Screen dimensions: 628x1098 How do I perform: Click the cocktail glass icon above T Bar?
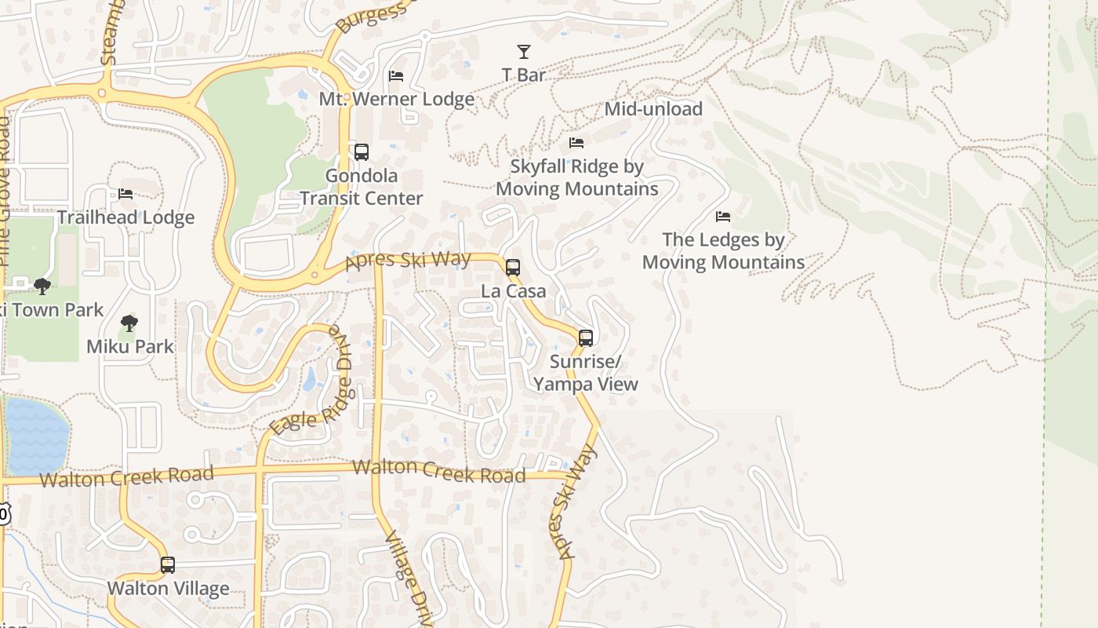pos(524,52)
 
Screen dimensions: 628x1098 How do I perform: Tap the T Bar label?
pos(524,75)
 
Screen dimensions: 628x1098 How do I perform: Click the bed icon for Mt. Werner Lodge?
pos(396,76)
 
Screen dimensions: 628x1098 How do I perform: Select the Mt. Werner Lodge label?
pos(396,100)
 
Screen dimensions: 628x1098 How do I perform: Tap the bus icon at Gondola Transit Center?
pos(362,152)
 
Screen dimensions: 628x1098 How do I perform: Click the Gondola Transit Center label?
pos(362,188)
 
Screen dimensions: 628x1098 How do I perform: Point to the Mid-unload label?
pos(653,109)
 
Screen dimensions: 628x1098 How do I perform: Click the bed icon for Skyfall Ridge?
pos(576,143)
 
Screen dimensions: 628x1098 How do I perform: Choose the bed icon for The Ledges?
pos(723,216)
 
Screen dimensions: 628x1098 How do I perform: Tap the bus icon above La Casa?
pos(513,268)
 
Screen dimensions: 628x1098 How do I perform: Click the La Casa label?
pos(514,291)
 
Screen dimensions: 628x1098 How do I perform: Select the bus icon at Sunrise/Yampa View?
pos(586,338)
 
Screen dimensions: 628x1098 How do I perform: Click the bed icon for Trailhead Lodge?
pos(125,194)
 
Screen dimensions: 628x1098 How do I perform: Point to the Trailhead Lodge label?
pos(125,217)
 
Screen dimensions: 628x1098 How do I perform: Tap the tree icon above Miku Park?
pos(129,323)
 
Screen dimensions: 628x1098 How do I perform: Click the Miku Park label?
pos(130,346)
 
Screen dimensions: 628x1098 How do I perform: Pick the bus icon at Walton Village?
pos(168,565)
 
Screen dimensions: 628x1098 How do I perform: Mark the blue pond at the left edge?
pos(35,436)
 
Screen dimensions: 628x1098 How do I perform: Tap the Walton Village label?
pos(168,589)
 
